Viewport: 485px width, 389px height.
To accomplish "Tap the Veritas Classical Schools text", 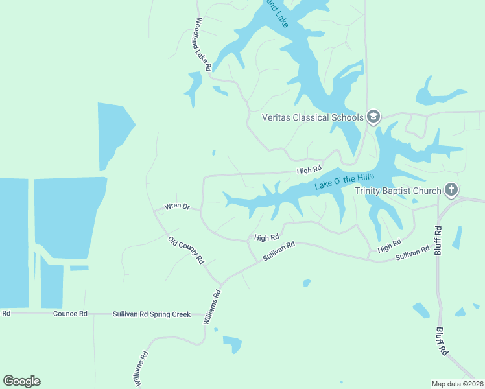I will pyautogui.click(x=312, y=117).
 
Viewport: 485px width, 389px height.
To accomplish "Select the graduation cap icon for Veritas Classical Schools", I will pyautogui.click(x=373, y=117).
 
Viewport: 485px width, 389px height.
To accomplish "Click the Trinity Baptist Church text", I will pyautogui.click(x=397, y=191).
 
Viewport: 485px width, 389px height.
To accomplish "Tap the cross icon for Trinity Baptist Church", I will pyautogui.click(x=451, y=190).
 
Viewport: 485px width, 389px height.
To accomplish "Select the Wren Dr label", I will pyautogui.click(x=176, y=207).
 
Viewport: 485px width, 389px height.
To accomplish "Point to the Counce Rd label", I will pyautogui.click(x=70, y=314).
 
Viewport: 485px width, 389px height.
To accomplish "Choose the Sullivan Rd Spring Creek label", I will pyautogui.click(x=152, y=314).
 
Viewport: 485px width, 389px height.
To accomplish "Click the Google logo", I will pyautogui.click(x=21, y=381).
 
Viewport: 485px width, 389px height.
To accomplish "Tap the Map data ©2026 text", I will pyautogui.click(x=458, y=384).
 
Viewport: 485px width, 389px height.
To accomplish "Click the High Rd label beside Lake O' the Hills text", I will pyautogui.click(x=309, y=171).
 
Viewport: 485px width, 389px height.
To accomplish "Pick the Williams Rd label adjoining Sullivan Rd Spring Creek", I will pyautogui.click(x=212, y=307).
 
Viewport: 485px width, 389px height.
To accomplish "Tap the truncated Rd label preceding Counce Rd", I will pyautogui.click(x=6, y=314).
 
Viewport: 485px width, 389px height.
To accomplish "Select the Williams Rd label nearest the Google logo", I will pyautogui.click(x=141, y=370).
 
